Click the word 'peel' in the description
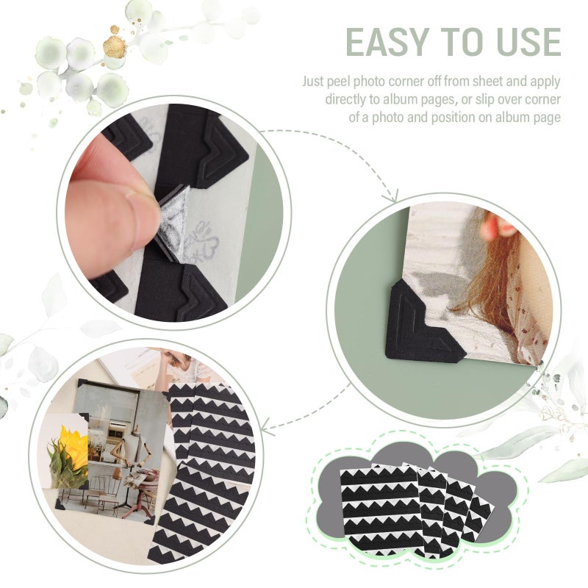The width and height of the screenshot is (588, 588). coord(351,82)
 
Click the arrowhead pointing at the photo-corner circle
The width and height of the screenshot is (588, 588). coord(392,196)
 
